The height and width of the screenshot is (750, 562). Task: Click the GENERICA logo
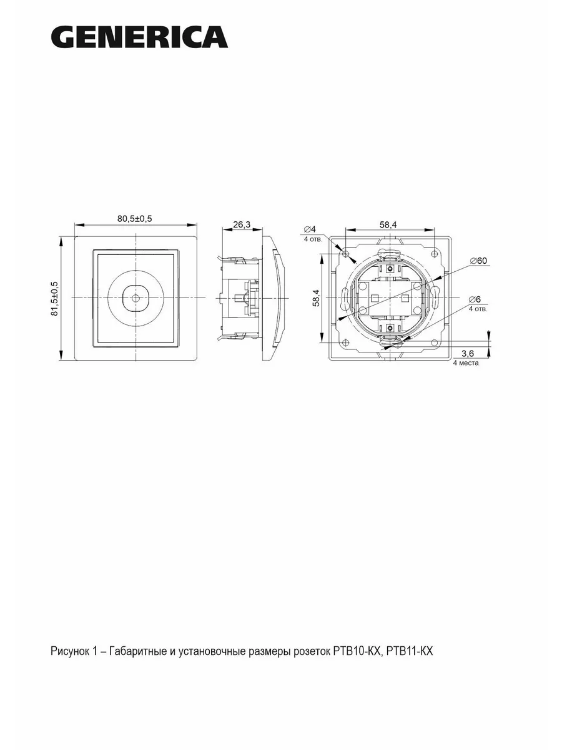(139, 37)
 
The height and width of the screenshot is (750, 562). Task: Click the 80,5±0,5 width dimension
(134, 219)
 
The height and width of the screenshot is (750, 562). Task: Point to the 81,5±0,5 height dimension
(54, 299)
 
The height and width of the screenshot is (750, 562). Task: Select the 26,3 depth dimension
(242, 224)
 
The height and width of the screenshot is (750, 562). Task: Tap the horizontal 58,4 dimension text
(388, 224)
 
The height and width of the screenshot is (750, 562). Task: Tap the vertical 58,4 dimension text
(317, 297)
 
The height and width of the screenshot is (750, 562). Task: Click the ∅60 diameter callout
(478, 261)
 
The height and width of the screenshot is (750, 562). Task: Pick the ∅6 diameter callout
(475, 299)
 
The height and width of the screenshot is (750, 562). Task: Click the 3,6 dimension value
(468, 353)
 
